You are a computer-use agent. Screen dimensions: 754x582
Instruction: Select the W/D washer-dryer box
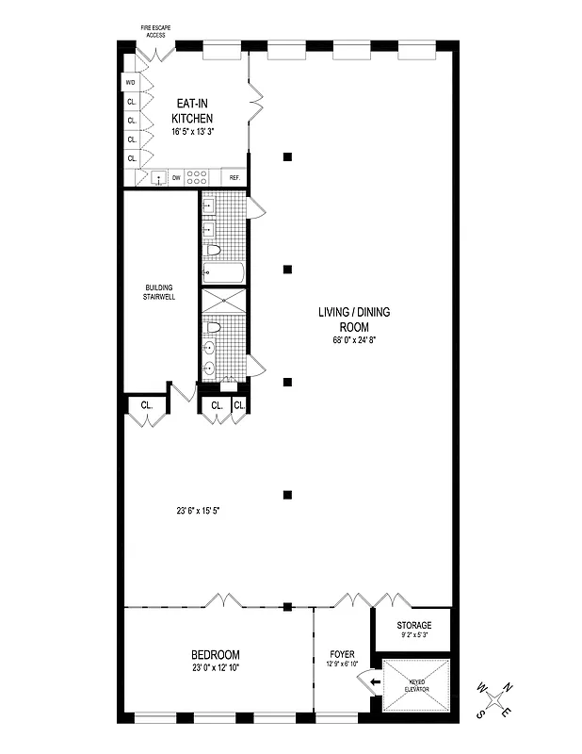click(131, 82)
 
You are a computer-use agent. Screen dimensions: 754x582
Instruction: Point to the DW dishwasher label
click(176, 177)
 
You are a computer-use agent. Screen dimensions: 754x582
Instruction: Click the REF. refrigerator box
click(234, 177)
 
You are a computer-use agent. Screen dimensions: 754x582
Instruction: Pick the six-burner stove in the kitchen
click(198, 176)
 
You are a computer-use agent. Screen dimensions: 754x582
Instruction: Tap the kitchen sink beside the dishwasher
click(158, 177)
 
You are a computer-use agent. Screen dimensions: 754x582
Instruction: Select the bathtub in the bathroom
click(223, 273)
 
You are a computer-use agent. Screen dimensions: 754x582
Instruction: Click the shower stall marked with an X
click(223, 303)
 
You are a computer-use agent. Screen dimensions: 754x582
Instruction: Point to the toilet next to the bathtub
click(214, 251)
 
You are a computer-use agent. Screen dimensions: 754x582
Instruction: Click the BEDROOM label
click(216, 655)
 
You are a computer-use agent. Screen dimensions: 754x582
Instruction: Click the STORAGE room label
click(413, 625)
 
